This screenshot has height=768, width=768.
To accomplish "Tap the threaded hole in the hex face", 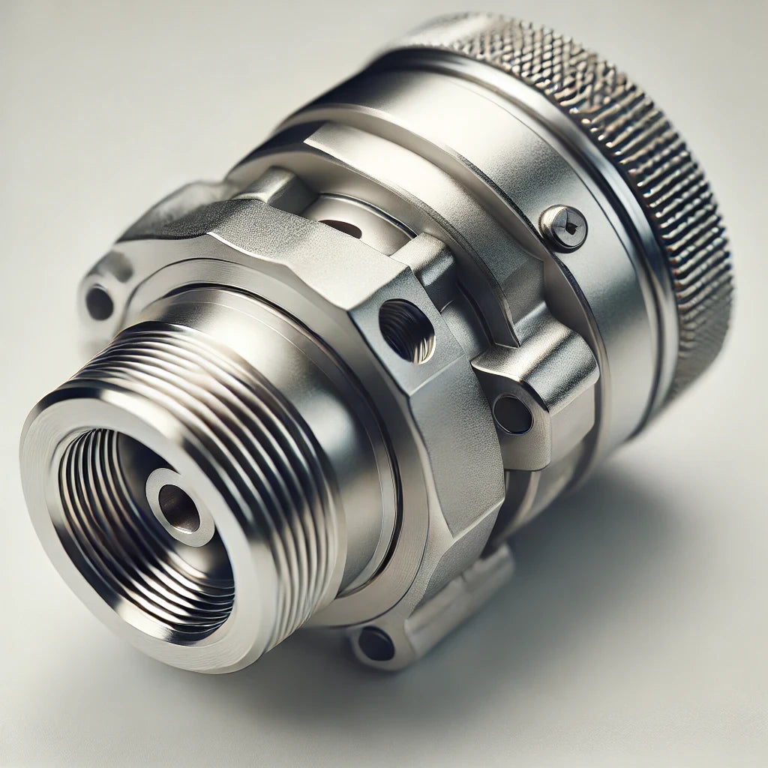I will pyautogui.click(x=406, y=329).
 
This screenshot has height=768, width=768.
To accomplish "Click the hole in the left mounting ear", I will pyautogui.click(x=99, y=302).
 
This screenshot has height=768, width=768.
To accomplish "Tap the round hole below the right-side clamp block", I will pyautogui.click(x=513, y=413).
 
